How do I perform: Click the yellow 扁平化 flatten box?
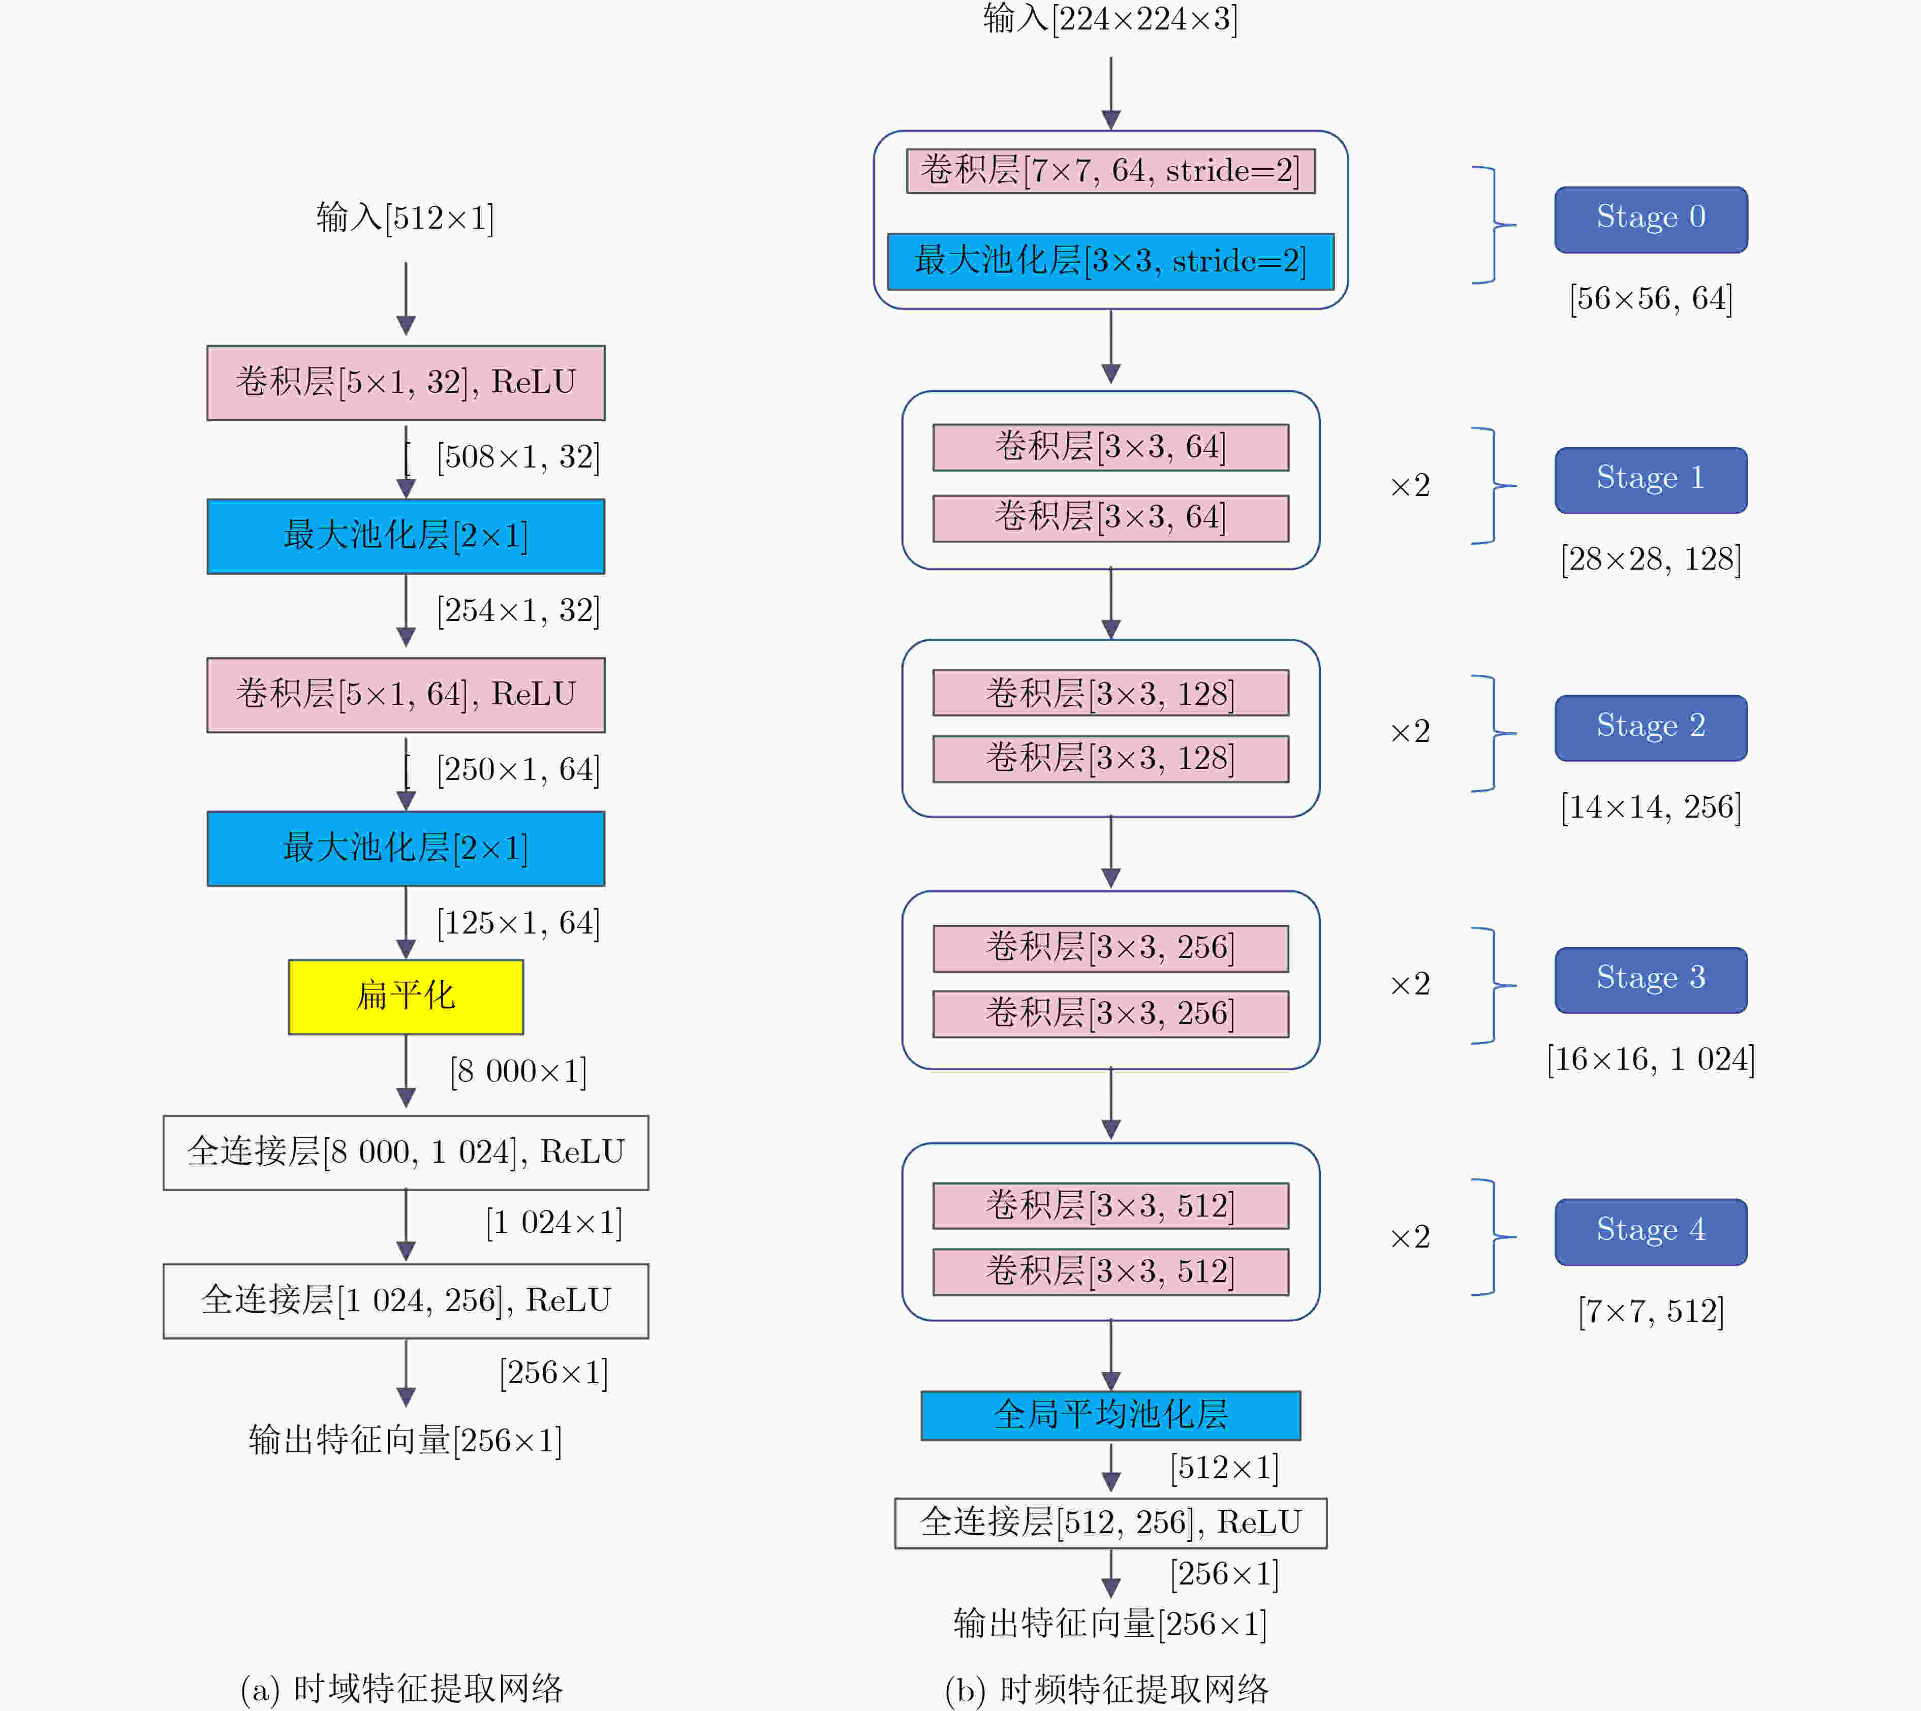[x=405, y=997]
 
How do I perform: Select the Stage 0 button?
[x=1651, y=219]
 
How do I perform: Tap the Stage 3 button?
[x=1651, y=980]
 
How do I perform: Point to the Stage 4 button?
[x=1651, y=1232]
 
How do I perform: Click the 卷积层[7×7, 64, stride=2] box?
[x=1110, y=171]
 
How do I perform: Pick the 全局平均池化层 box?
[x=1110, y=1415]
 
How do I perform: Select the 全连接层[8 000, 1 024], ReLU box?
[x=405, y=1153]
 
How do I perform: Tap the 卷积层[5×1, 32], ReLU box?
[x=405, y=383]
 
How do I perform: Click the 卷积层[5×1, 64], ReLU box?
[x=405, y=695]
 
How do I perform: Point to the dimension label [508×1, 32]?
[x=518, y=457]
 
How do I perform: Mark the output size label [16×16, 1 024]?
[x=1651, y=1060]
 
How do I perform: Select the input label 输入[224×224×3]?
[x=1110, y=19]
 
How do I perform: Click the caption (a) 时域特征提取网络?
[x=401, y=1689]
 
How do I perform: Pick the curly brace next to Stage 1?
[x=1493, y=486]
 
